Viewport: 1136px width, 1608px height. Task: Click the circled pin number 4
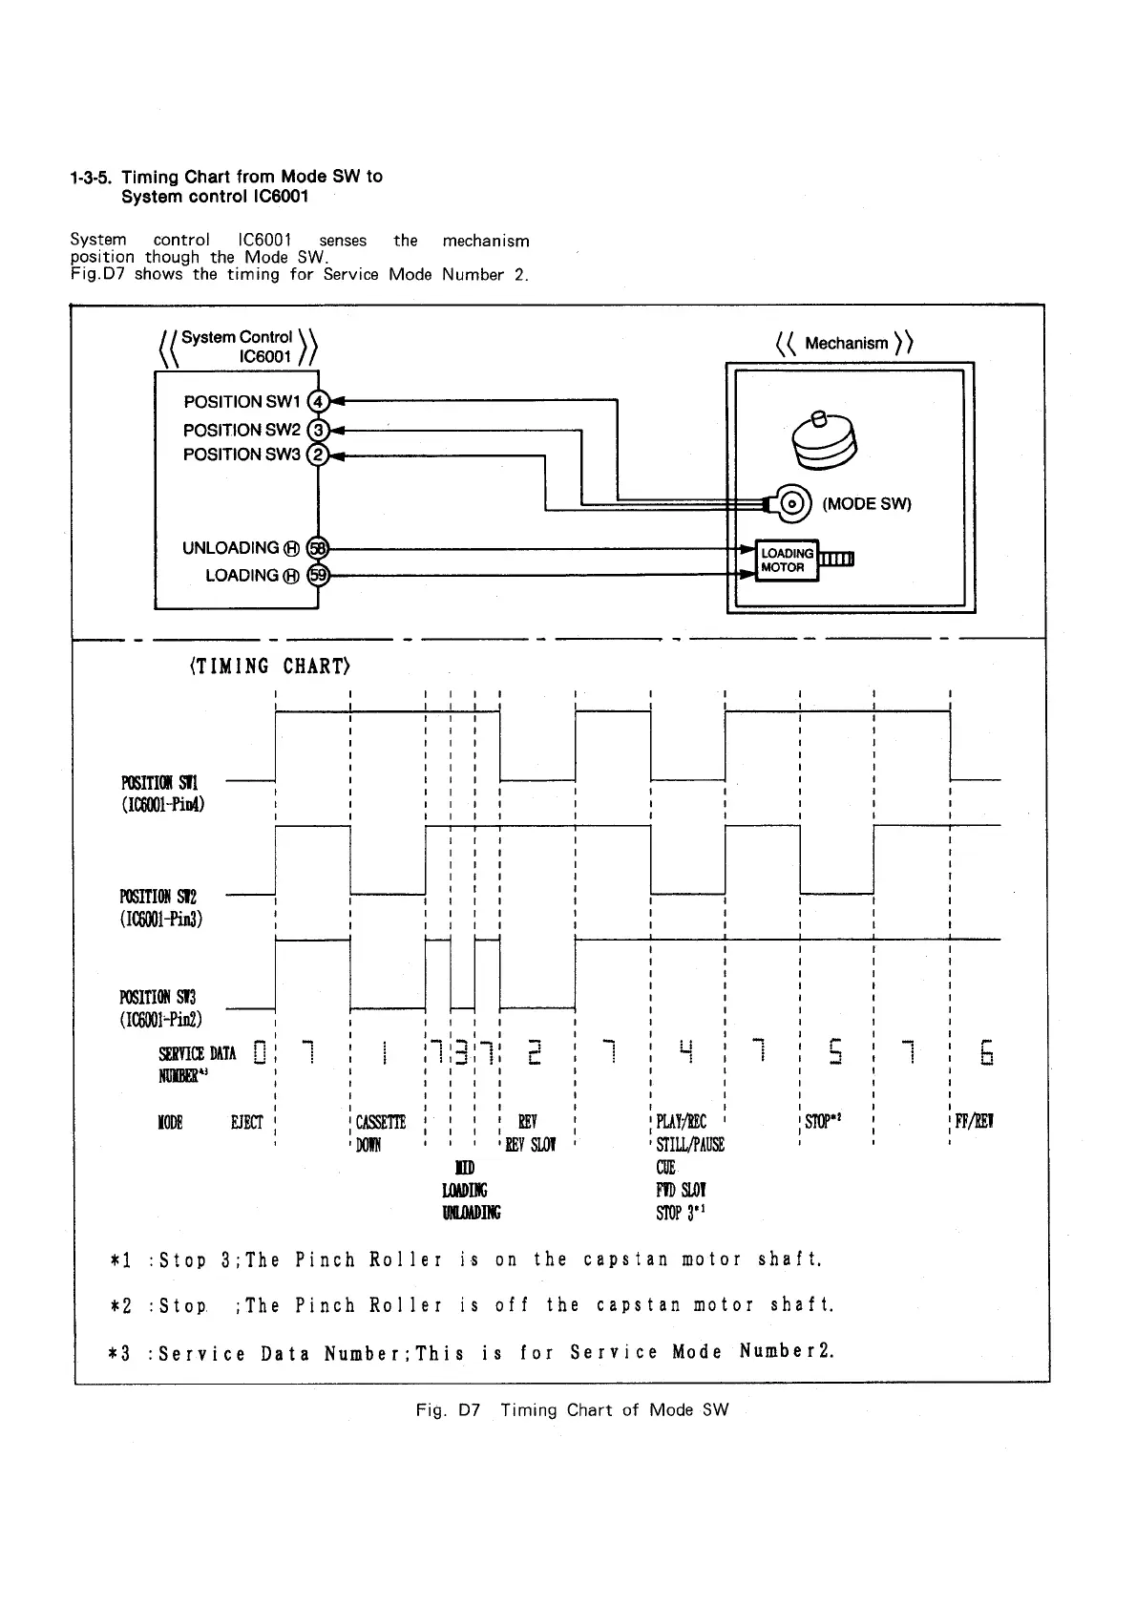coord(320,402)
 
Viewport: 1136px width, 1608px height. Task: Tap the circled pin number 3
coord(320,431)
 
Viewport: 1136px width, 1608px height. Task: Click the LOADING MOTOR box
coord(787,561)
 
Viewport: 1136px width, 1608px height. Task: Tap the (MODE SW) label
coord(866,504)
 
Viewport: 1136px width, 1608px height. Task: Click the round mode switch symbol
coord(793,503)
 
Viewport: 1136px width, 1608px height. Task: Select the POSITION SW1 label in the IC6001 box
coord(242,402)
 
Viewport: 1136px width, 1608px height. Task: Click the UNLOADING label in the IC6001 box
coord(231,548)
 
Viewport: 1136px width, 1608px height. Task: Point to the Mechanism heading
coord(846,344)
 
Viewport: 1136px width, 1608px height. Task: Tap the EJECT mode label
coord(246,1122)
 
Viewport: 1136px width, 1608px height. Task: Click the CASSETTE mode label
coord(380,1122)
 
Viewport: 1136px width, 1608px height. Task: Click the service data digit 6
coord(987,1053)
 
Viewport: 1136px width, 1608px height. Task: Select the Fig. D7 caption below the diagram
coord(572,1410)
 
